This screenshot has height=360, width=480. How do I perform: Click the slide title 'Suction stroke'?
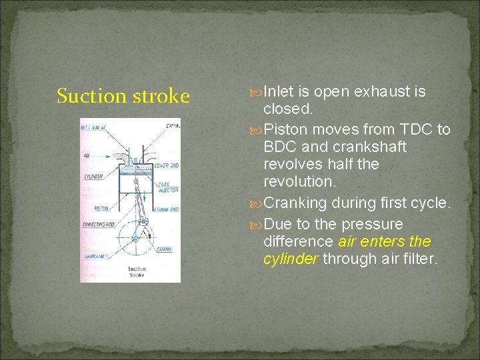tap(123, 96)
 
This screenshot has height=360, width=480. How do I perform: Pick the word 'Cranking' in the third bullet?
tap(296, 202)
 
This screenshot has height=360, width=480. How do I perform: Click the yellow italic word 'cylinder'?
tap(290, 259)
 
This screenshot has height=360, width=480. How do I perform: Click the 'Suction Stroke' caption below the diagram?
tap(137, 272)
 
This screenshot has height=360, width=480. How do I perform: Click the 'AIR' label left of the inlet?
tap(87, 155)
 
